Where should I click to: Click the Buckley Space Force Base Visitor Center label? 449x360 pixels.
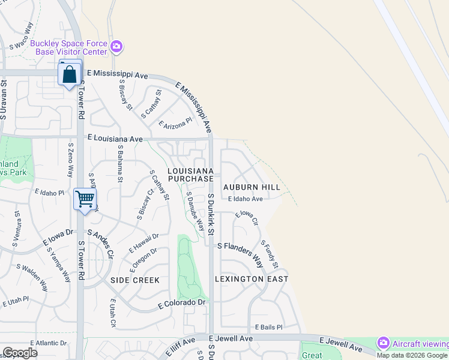[x=68, y=47]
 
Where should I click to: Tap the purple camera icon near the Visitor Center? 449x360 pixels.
[x=116, y=46]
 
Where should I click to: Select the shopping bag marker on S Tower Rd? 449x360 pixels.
[x=70, y=75]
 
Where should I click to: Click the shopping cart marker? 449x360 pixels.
[x=85, y=198]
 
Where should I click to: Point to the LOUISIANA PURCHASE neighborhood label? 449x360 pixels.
[x=190, y=175]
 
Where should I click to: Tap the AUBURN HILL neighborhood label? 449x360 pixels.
[x=252, y=187]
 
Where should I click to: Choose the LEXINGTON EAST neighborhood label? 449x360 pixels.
[x=252, y=279]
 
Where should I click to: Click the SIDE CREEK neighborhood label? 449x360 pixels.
[x=135, y=280]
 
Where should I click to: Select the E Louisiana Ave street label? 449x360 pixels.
[x=115, y=139]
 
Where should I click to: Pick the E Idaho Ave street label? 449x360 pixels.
[x=245, y=199]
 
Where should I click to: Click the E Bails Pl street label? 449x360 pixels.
[x=268, y=327]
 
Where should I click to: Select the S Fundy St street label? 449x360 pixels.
[x=270, y=254]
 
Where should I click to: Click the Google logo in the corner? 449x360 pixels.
[x=20, y=353]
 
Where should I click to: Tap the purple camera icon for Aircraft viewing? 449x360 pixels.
[x=384, y=343]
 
